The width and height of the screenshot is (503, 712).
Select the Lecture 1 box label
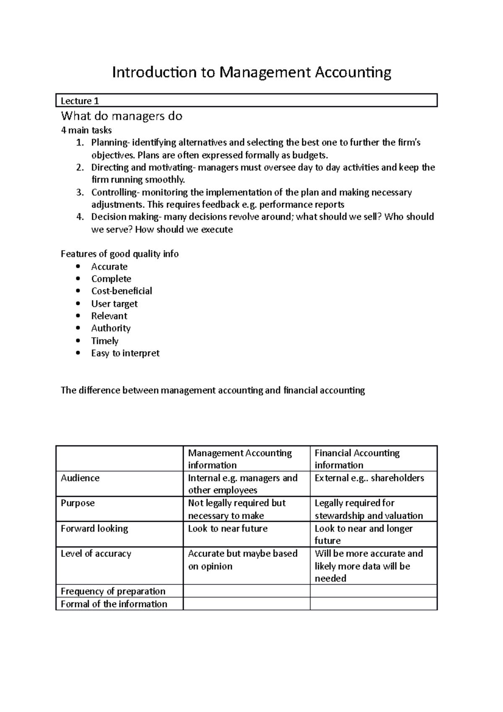pos(80,101)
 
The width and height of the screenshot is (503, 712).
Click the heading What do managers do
pos(122,116)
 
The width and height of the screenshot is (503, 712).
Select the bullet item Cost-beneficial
pos(122,291)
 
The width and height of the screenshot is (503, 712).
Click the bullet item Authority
pos(111,328)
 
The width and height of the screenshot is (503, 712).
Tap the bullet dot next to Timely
pos(78,341)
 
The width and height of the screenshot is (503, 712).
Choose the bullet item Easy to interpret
pos(125,353)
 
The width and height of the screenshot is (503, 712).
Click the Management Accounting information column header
pos(240,459)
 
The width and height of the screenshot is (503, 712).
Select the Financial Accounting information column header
pos(357,459)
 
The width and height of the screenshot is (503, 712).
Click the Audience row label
pos(80,478)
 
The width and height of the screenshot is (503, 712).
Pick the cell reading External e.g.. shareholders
pos(369,478)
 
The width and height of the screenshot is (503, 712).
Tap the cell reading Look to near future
pos(228,528)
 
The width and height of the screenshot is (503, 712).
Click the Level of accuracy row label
pos(96,553)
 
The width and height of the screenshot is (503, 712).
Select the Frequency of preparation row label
pos(113,591)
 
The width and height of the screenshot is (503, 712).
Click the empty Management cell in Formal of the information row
pos(246,604)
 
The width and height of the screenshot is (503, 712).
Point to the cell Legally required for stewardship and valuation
pos(368,509)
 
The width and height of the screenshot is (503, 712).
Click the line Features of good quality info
pos(120,254)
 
